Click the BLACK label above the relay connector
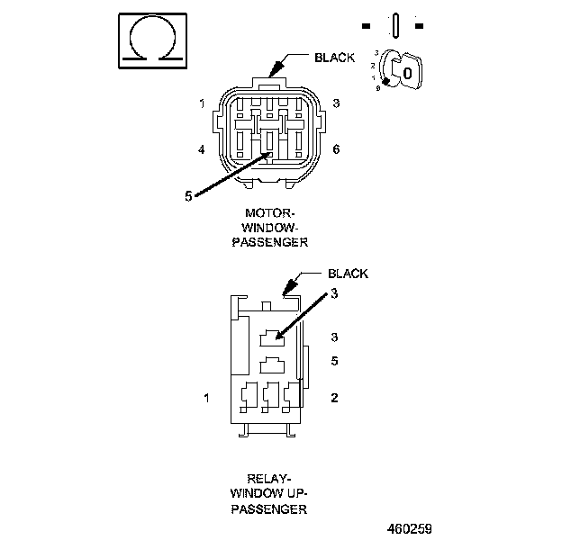pos(347,274)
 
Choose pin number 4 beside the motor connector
pos(203,148)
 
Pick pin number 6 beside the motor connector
pos(336,148)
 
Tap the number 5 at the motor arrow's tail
pos(187,196)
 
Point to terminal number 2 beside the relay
pos(334,396)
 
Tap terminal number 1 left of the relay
pos(207,396)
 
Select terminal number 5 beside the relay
pos(334,362)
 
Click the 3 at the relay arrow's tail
pos(334,293)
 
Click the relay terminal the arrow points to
pos(271,338)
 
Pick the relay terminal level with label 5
pos(271,366)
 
